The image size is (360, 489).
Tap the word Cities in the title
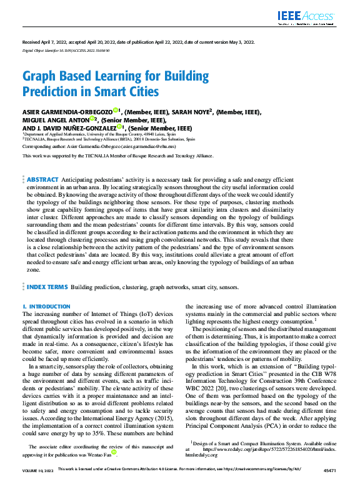(x=141, y=92)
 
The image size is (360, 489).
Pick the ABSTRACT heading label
(x=42, y=162)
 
